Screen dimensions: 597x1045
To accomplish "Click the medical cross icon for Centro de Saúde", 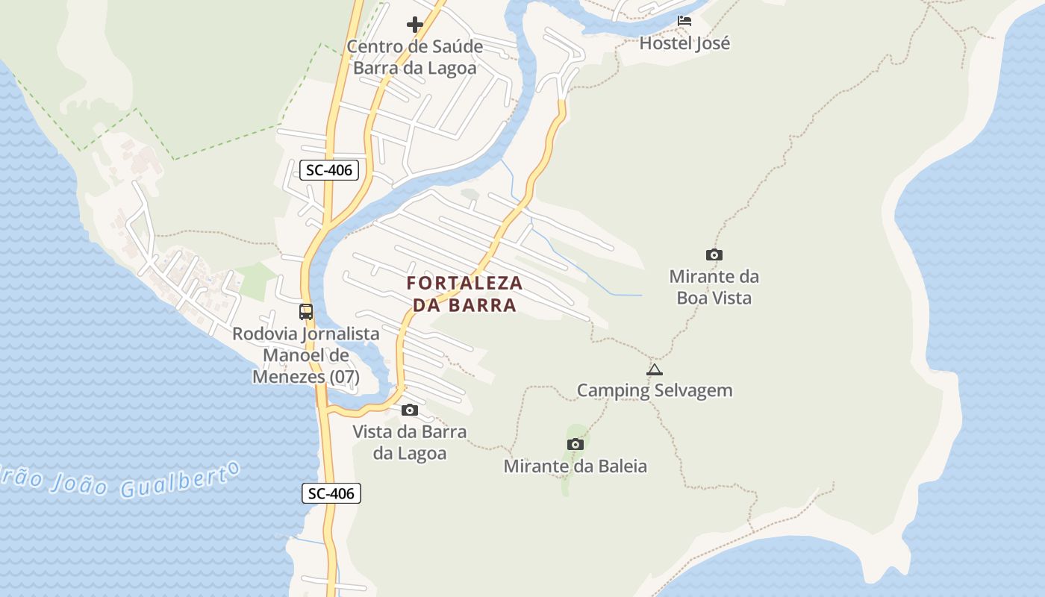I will click(415, 25).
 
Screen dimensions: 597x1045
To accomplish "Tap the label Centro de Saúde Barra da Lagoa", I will click(415, 57).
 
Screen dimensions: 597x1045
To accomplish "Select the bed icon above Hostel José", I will click(684, 21).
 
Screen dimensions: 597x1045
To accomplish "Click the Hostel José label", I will click(684, 43).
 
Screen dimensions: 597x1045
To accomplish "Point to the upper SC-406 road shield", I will click(329, 170).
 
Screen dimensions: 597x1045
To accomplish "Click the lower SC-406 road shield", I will click(331, 493).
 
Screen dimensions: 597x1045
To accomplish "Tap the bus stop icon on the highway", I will click(306, 312).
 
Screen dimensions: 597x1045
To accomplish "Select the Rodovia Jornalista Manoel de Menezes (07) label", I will click(306, 355).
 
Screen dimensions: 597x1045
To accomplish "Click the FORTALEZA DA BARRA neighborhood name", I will click(464, 294).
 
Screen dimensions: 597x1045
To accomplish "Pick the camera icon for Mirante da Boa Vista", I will click(714, 255).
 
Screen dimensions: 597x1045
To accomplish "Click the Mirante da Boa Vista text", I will click(714, 287).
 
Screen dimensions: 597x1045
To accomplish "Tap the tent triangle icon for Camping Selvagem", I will click(655, 369).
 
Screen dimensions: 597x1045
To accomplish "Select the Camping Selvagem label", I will click(655, 390).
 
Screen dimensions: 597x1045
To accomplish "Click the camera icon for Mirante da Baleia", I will click(575, 445).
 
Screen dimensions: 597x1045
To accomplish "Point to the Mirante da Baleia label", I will click(575, 466).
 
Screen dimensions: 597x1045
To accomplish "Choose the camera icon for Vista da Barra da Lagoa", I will click(410, 410).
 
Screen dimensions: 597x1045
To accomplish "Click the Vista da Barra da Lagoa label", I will click(410, 443).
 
